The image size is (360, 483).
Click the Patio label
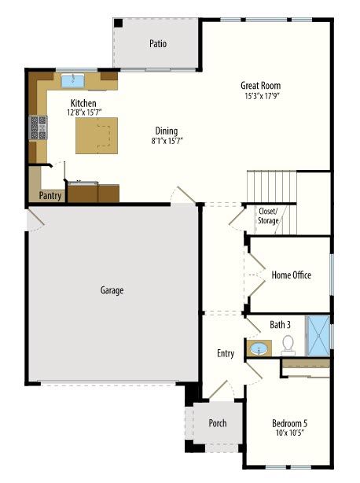pos(158,43)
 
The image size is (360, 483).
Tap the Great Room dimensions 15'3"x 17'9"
pos(262,96)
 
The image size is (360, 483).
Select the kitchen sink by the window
pos(72,80)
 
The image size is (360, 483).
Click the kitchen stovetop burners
pos(39,127)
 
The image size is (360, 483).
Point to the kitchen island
pos(97,135)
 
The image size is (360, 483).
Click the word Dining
pos(167,131)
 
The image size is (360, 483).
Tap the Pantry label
pos(50,196)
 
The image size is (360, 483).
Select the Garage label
pos(112,290)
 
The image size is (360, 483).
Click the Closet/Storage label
pos(268,216)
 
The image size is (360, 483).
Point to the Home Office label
pos(291,275)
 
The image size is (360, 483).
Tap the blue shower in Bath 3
pos(318,335)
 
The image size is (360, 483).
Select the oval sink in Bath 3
pos(259,348)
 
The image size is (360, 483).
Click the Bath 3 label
pos(280,325)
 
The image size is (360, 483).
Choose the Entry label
pos(226,353)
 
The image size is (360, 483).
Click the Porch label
pos(218,423)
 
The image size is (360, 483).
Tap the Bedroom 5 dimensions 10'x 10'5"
pos(290,433)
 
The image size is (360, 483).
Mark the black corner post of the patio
pos(118,23)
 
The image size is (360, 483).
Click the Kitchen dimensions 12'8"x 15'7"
pos(84,112)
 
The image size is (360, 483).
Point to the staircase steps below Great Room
pos(272,186)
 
